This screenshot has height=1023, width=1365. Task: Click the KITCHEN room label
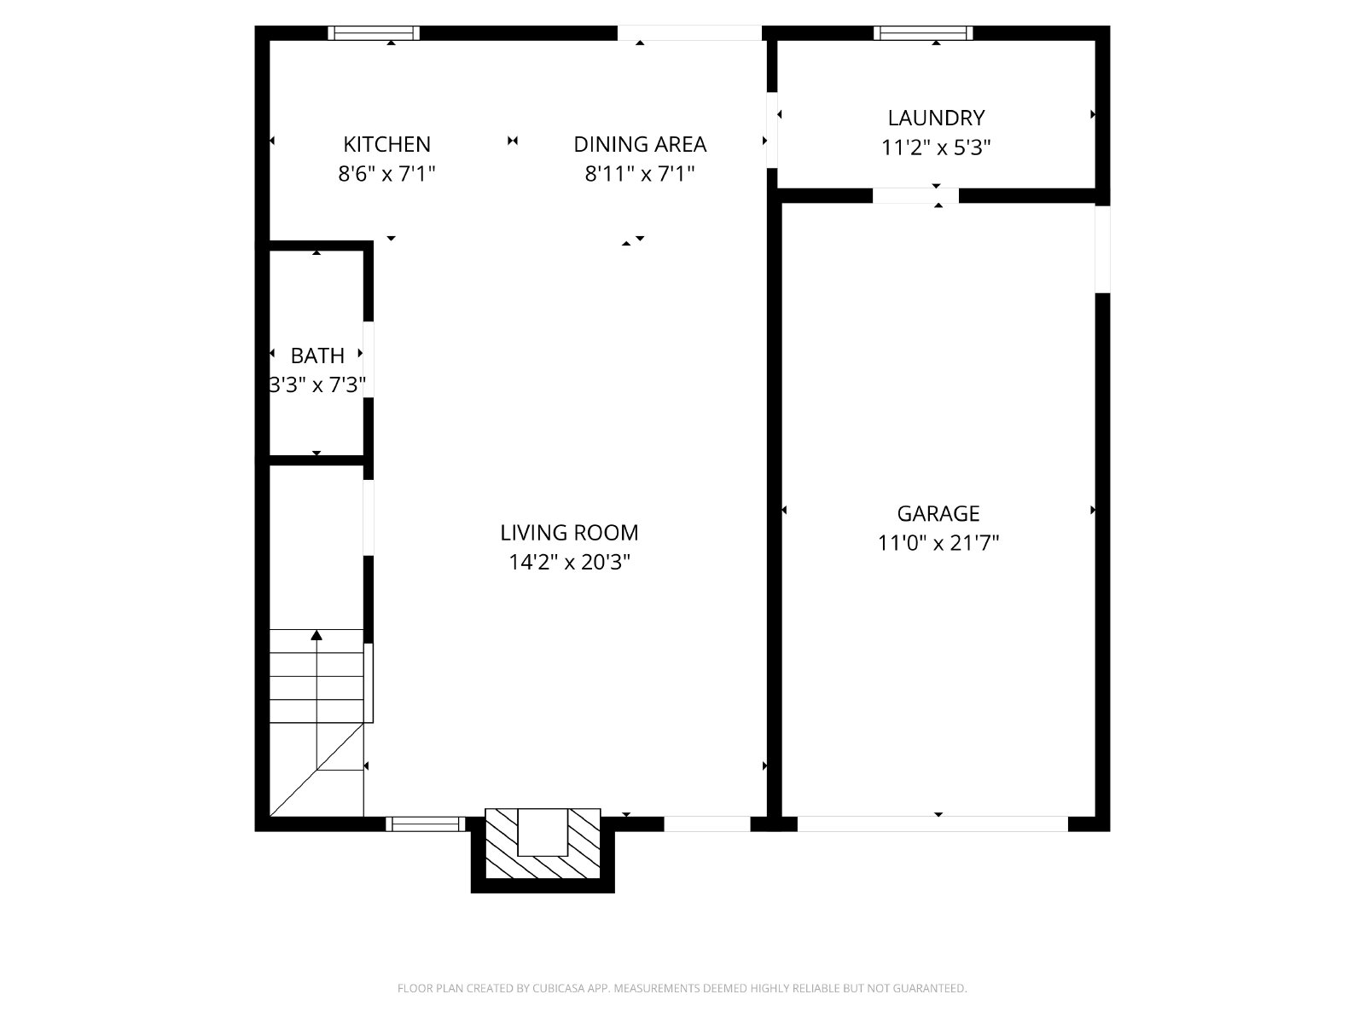pyautogui.click(x=386, y=144)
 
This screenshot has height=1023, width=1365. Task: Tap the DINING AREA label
pyautogui.click(x=640, y=144)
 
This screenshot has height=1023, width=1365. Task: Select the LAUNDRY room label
pyautogui.click(x=936, y=118)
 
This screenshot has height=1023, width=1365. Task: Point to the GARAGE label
pyautogui.click(x=938, y=514)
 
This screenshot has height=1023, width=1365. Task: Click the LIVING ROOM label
pyautogui.click(x=569, y=533)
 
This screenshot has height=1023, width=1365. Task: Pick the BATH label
pyautogui.click(x=317, y=355)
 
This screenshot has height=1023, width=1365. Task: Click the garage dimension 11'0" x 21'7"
pyautogui.click(x=938, y=544)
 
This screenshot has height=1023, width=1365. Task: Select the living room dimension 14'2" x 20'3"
pyautogui.click(x=569, y=563)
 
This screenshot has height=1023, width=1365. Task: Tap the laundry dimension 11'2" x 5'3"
pyautogui.click(x=936, y=147)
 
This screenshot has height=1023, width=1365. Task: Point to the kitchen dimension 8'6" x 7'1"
pyautogui.click(x=386, y=174)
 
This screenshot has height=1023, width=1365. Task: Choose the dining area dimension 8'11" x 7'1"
pyautogui.click(x=640, y=174)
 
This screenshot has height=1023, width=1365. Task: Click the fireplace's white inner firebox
pyautogui.click(x=543, y=832)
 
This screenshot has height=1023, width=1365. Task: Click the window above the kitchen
pyautogui.click(x=374, y=33)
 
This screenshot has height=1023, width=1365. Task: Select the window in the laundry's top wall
pyautogui.click(x=923, y=33)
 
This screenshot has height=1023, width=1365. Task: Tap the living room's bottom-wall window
pyautogui.click(x=426, y=824)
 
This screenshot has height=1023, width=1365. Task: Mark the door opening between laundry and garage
pyautogui.click(x=915, y=196)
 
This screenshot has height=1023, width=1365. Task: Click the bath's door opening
pyautogui.click(x=369, y=359)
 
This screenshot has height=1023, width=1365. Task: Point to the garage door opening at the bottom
pyautogui.click(x=932, y=824)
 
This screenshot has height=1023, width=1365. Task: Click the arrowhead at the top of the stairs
pyautogui.click(x=317, y=635)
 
